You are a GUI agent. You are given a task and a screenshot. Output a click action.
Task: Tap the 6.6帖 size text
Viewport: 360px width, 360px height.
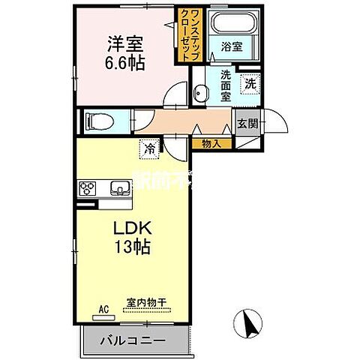[x=124, y=61]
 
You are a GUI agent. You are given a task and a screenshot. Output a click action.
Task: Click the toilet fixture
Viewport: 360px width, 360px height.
[x=97, y=119]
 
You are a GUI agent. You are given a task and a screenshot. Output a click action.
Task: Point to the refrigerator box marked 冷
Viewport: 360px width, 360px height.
[x=149, y=148]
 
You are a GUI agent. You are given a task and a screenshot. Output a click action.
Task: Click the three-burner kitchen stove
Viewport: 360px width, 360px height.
[x=87, y=187]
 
